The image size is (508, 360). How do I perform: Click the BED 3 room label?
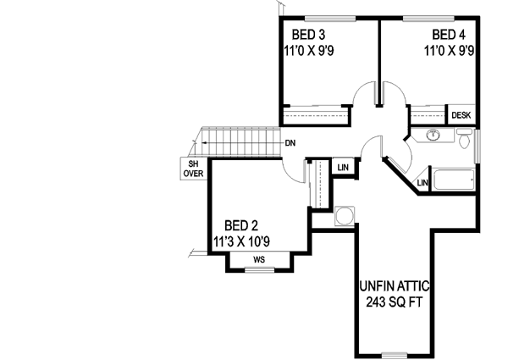click(309, 36)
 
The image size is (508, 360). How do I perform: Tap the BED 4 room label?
click(449, 36)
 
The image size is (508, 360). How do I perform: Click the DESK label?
click(461, 115)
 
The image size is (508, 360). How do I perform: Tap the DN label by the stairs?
click(290, 142)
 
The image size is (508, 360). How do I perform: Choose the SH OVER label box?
click(194, 169)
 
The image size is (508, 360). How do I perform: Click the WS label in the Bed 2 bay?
click(260, 258)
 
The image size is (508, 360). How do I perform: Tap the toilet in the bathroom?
click(462, 139)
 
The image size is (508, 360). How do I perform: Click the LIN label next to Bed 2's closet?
click(343, 167)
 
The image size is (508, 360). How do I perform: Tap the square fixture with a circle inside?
click(345, 216)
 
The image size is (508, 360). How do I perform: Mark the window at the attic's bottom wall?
click(395, 352)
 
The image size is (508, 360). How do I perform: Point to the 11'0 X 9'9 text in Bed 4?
click(449, 51)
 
